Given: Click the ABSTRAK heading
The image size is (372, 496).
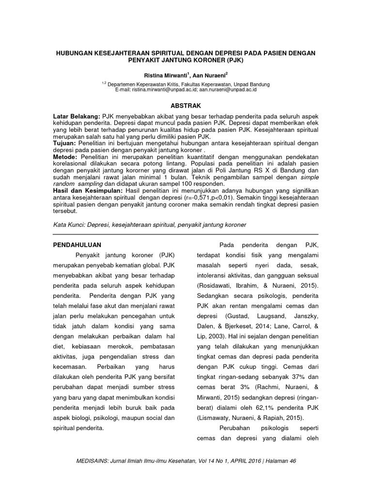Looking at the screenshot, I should point(186,105).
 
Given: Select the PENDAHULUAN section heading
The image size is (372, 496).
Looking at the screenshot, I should point(77,245).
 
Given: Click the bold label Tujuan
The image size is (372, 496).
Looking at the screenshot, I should point(64,144).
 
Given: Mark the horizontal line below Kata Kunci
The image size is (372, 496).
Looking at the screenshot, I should point(186,233).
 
